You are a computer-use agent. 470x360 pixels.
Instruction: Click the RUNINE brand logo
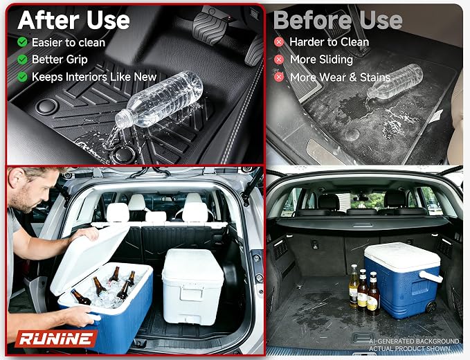point(56,339)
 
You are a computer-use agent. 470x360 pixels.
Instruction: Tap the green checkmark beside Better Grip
point(22,60)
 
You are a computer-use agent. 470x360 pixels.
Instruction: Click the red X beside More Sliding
point(279,60)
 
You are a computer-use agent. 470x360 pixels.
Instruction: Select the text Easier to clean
point(69,42)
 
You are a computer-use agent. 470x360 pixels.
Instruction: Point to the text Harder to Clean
point(329,42)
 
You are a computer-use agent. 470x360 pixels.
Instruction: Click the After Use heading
point(74,20)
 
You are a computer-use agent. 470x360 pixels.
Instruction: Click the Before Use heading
point(338,20)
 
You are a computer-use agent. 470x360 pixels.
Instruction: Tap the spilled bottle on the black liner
point(159,100)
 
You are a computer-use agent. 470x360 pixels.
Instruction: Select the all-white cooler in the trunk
point(192,286)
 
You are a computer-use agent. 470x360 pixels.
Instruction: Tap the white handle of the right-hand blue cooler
point(431,276)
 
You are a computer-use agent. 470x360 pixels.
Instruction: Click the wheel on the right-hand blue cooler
point(431,307)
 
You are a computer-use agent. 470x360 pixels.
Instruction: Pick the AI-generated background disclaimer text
point(414,345)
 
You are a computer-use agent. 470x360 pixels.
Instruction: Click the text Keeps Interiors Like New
point(94,77)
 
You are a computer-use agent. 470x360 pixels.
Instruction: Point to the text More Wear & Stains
point(340,78)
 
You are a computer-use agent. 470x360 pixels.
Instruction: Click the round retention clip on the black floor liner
point(46,106)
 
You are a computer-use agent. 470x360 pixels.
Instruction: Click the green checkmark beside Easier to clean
point(22,42)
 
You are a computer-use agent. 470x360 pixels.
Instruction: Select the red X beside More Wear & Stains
point(279,77)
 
